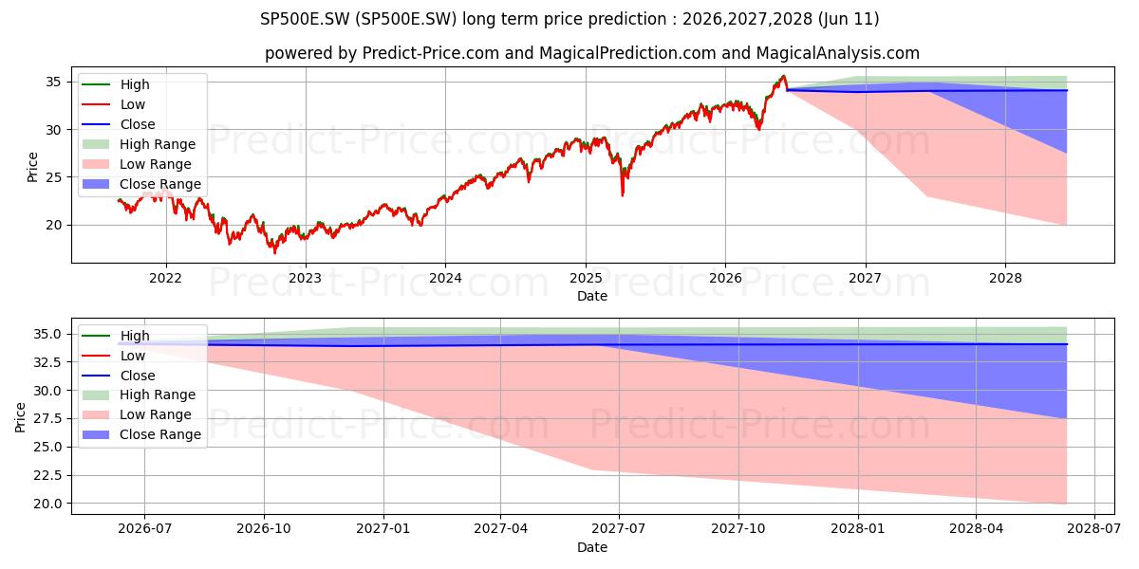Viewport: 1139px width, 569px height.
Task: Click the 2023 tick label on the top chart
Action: click(x=305, y=279)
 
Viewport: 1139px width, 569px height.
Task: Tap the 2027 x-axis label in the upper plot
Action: click(x=865, y=279)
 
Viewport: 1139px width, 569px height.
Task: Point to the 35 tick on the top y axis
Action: click(x=53, y=83)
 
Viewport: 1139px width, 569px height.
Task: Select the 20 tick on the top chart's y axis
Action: click(x=53, y=225)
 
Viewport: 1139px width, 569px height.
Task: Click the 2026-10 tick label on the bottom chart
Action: click(x=264, y=529)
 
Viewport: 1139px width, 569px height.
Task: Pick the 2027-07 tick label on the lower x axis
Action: click(x=619, y=529)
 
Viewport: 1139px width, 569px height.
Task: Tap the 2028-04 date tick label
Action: click(x=977, y=529)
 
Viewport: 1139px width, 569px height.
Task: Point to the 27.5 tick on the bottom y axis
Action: click(x=47, y=418)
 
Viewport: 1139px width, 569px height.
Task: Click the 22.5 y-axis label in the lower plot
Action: click(x=47, y=475)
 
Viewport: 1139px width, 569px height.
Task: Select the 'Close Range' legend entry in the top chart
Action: click(x=141, y=184)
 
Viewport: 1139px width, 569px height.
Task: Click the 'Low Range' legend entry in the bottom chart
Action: click(x=138, y=414)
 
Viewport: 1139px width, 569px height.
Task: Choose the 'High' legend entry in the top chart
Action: click(x=116, y=84)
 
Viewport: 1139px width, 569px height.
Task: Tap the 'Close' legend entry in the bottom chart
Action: click(x=119, y=376)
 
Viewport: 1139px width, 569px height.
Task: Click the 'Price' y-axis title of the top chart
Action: click(x=32, y=167)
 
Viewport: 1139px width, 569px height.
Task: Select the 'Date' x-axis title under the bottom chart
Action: click(x=592, y=547)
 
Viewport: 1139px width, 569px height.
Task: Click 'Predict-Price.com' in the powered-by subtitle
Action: click(x=430, y=53)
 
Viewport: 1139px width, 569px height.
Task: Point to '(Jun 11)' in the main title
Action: click(x=849, y=19)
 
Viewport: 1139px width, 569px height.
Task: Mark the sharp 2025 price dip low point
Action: click(x=623, y=195)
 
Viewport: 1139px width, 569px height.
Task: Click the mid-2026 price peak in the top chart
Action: click(x=784, y=76)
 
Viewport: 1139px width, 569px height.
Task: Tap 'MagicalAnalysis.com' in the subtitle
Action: click(x=838, y=53)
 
